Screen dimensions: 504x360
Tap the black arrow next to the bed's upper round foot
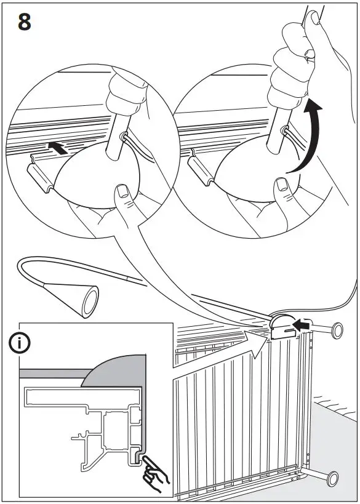[300, 324]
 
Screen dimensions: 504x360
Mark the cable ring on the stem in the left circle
[125, 137]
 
